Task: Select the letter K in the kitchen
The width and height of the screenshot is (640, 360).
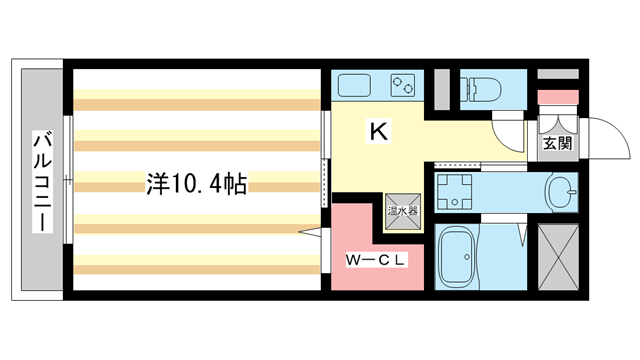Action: point(378,131)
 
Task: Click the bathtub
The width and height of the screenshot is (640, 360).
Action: point(464,257)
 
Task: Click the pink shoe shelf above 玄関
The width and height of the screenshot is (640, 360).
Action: point(557,97)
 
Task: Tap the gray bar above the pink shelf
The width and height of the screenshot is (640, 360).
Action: point(557,75)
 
